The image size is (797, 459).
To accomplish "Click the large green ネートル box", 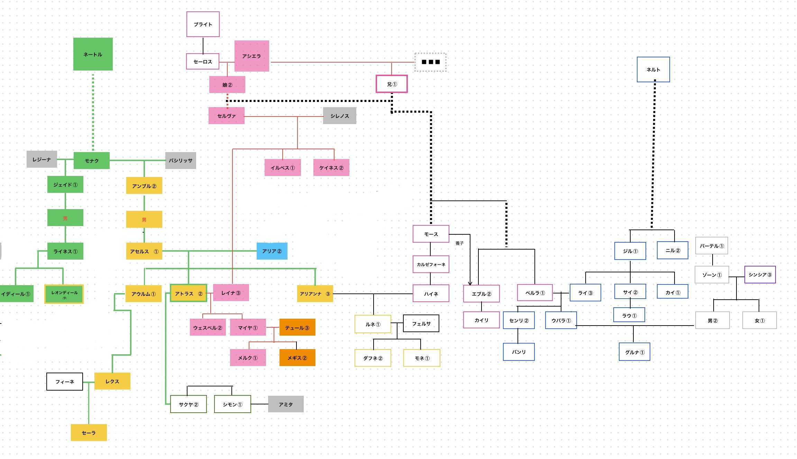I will [x=93, y=54].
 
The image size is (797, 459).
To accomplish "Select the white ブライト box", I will [x=203, y=24].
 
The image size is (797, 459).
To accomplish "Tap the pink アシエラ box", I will [x=251, y=56].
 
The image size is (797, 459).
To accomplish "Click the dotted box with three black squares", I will [x=430, y=62].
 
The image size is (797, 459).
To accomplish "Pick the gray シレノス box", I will [x=339, y=116].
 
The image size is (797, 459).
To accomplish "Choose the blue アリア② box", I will [x=272, y=251].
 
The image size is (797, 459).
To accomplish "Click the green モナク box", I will [x=91, y=161].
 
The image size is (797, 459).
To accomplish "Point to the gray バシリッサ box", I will [x=181, y=160].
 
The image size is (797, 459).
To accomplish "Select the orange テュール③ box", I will [x=297, y=327].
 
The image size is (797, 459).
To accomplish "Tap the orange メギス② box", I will [x=297, y=358].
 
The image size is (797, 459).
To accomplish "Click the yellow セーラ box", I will [x=89, y=433].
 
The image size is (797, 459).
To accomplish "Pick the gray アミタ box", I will [x=286, y=404].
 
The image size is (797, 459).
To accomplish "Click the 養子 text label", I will [x=459, y=243].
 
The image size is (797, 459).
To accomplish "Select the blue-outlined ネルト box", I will [x=653, y=69].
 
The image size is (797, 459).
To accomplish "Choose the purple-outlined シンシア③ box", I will [x=760, y=275].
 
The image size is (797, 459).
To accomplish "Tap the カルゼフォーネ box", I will [x=431, y=264].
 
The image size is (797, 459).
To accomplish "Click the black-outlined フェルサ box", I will [x=421, y=324].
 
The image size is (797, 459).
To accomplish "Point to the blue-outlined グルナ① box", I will [x=634, y=352].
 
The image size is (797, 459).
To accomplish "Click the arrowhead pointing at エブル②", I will [x=470, y=283].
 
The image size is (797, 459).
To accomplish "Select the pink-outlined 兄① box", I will [x=392, y=84].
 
